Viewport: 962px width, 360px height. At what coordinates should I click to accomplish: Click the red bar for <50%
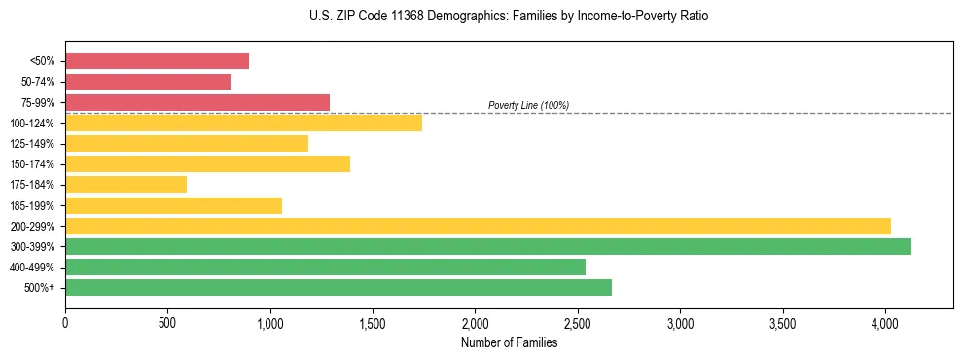[x=157, y=61]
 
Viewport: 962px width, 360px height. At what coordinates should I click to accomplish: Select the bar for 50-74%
[x=148, y=82]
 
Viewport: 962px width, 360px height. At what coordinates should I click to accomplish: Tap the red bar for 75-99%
[x=197, y=102]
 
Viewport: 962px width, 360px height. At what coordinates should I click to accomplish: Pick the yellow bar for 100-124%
[x=243, y=123]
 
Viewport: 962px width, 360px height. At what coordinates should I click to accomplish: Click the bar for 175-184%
[x=125, y=184]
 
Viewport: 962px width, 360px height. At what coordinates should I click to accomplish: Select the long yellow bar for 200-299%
[x=478, y=226]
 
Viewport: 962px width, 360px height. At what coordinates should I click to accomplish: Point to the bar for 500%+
[x=338, y=287]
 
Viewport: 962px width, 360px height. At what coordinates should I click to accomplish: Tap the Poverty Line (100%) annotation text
[x=528, y=105]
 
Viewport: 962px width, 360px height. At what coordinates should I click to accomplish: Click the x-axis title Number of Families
[x=509, y=342]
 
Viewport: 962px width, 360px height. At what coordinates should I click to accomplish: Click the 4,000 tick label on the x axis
[x=885, y=324]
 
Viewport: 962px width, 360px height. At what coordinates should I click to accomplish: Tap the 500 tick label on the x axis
[x=167, y=324]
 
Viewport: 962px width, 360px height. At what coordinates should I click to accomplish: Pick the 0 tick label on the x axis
[x=65, y=324]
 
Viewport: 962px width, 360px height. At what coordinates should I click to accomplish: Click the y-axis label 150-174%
[x=32, y=164]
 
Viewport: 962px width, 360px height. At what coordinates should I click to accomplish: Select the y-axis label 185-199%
[x=32, y=205]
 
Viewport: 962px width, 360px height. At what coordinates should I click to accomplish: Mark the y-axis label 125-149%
[x=32, y=144]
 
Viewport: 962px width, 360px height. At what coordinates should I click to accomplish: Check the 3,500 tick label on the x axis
[x=782, y=324]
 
